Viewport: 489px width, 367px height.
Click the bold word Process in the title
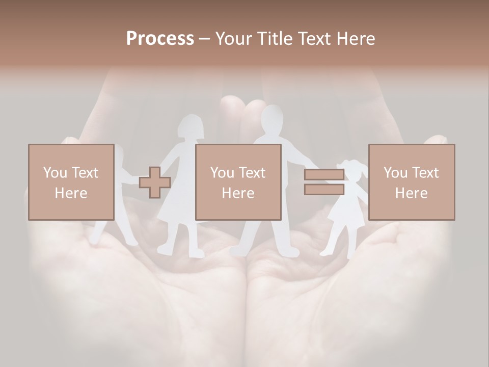point(160,39)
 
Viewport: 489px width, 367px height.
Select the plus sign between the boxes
point(155,182)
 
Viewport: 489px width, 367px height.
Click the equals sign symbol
point(324,182)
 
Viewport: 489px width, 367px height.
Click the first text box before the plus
point(71,182)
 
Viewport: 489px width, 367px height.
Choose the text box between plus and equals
point(238,182)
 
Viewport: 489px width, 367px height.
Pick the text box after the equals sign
point(411,182)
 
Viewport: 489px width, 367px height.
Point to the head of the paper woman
point(191,127)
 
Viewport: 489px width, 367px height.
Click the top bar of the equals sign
point(324,175)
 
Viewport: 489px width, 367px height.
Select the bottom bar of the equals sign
point(324,190)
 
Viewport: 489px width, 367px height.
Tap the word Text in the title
point(314,39)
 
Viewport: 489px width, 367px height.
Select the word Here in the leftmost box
point(71,193)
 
